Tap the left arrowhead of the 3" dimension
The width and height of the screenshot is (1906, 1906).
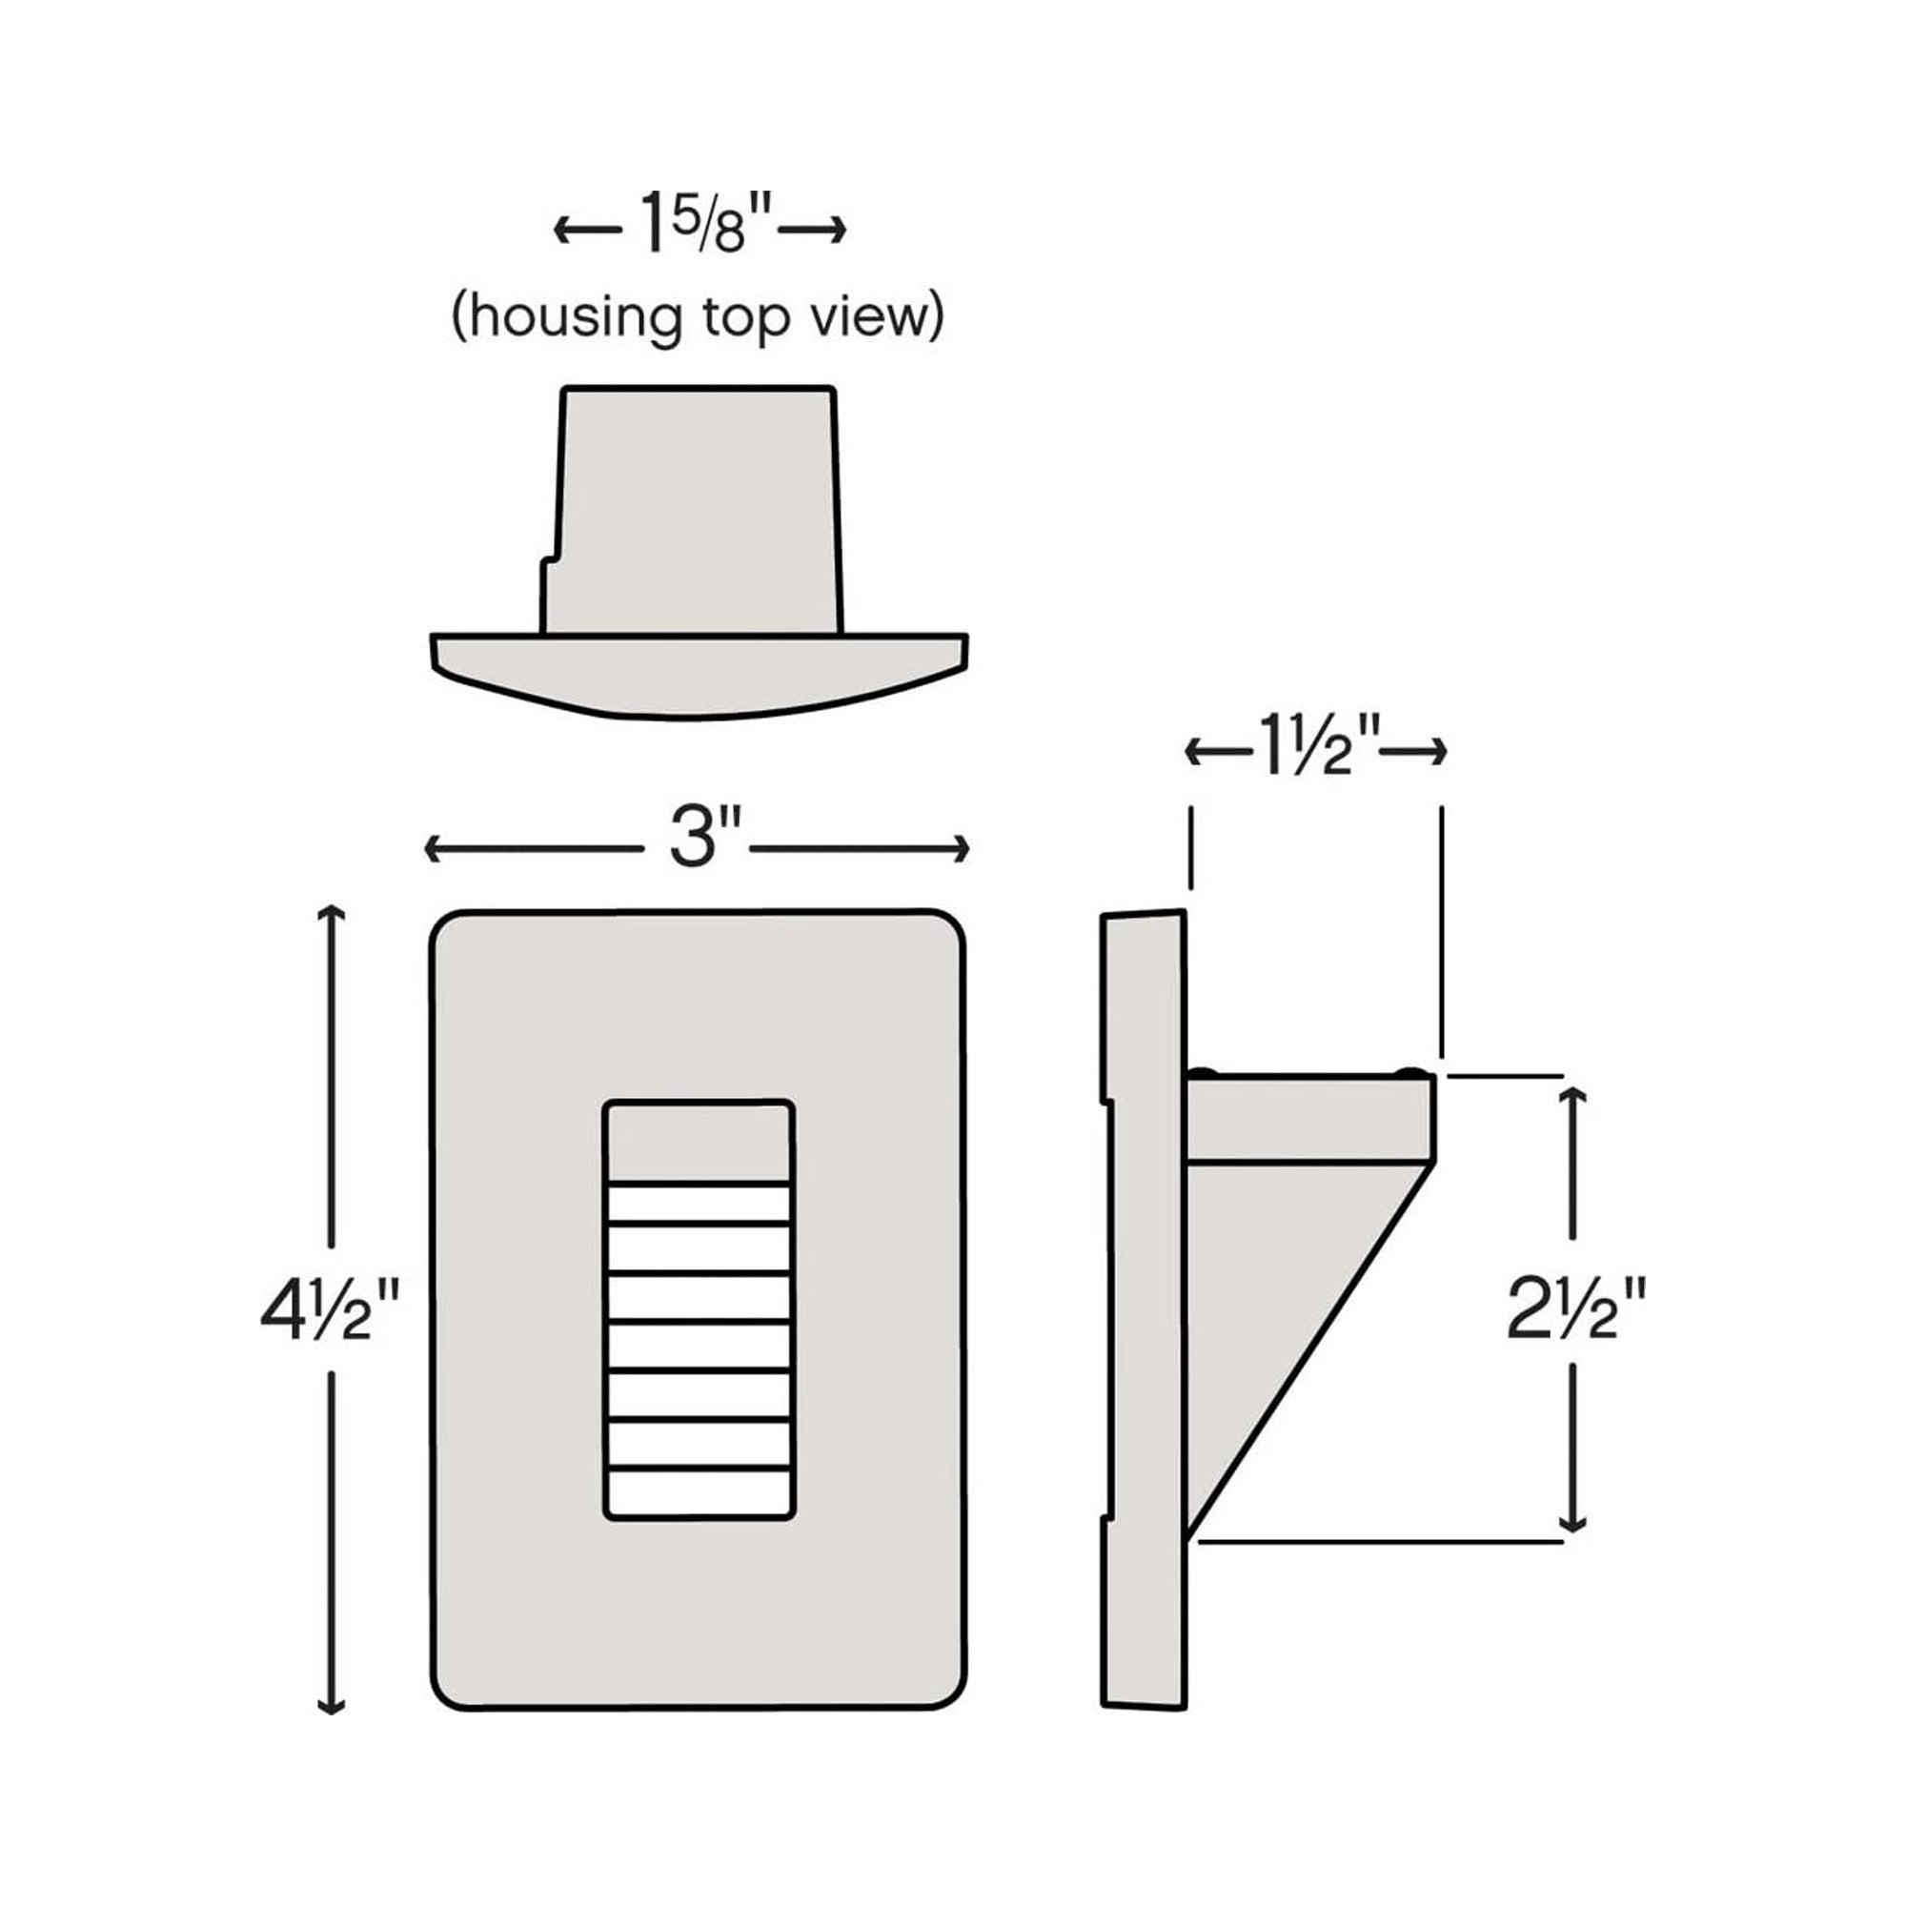[x=432, y=848]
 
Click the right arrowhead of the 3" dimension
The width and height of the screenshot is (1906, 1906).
[x=961, y=848]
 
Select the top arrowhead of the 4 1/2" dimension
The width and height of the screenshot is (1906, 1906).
[x=331, y=913]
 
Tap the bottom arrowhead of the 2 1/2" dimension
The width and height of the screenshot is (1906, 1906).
[x=1574, y=1523]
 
